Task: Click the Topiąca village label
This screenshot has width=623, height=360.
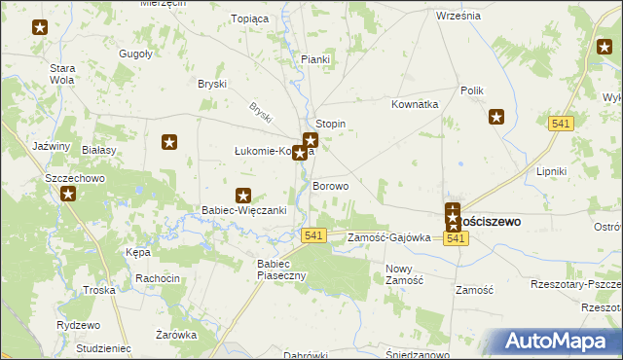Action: click(248, 18)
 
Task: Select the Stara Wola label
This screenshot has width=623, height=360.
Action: click(63, 74)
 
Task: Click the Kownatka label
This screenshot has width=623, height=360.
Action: click(416, 104)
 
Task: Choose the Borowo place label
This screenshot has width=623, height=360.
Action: click(330, 185)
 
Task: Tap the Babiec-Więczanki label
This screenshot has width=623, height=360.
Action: click(242, 210)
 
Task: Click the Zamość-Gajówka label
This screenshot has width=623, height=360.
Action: click(388, 237)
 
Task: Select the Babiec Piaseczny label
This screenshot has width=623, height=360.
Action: click(281, 270)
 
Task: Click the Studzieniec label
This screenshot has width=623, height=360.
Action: click(102, 347)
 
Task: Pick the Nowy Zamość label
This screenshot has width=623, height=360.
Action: click(404, 274)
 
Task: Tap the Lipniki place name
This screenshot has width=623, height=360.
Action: click(551, 171)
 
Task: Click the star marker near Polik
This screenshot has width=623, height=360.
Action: click(495, 119)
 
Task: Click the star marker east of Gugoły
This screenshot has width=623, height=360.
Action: click(169, 143)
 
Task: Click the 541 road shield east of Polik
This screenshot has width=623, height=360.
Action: click(560, 124)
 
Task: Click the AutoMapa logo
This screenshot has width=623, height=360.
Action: click(556, 342)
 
